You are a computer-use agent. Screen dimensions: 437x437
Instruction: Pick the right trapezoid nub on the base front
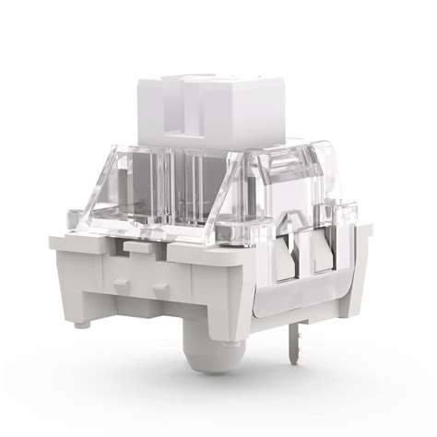[160, 290]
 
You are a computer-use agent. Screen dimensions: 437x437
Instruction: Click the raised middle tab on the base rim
[141, 248]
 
